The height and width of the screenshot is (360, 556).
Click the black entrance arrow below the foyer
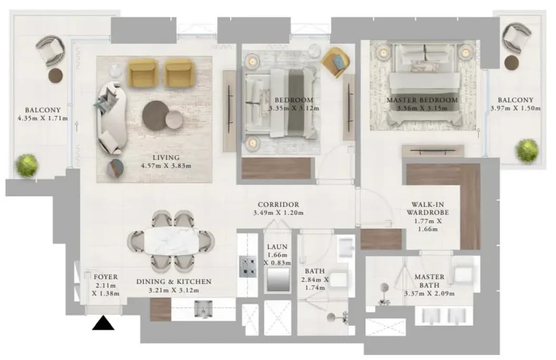pos(103,324)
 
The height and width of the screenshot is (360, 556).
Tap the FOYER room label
pos(106,277)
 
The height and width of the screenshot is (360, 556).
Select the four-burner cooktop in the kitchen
pos(248,267)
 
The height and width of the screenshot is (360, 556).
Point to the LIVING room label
pos(166,157)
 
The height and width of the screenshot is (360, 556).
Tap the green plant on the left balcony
pos(26,165)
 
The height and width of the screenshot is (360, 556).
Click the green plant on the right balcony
pos(527,151)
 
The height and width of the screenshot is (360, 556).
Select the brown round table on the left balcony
pos(55,75)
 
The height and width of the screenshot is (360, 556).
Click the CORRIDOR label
pos(279,205)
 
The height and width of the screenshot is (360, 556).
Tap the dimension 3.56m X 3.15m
pos(422,108)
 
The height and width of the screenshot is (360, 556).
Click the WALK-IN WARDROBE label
pos(428,209)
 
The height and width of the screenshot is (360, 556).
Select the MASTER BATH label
pos(429,281)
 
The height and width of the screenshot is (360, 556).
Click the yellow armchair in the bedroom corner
pos(335,62)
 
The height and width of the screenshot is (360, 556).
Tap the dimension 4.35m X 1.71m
pos(43,118)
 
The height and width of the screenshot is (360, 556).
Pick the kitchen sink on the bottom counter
pos(203,309)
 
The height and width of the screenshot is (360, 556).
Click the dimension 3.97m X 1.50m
pos(515,108)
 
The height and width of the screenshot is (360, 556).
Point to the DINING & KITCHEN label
pos(174,282)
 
